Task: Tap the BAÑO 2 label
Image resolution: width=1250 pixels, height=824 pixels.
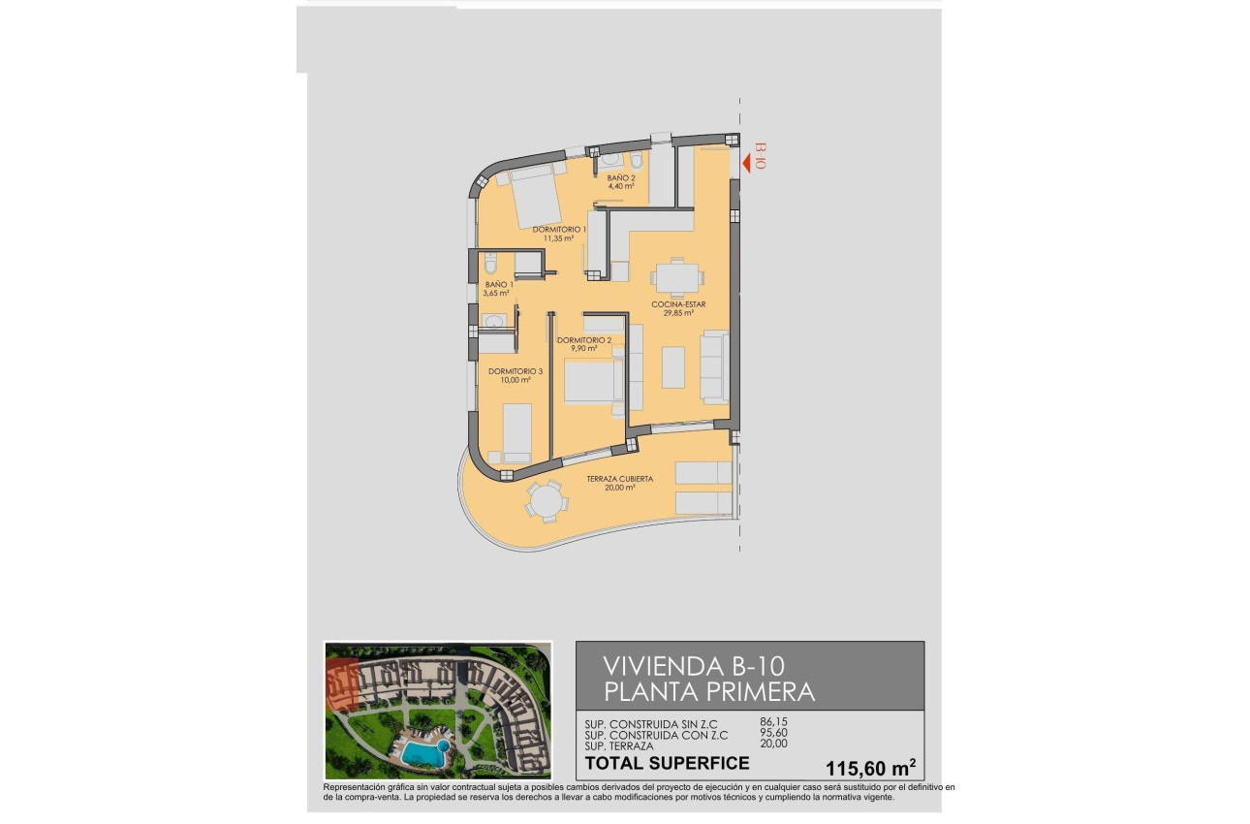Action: click(620, 178)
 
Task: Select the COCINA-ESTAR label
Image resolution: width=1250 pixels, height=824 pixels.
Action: click(677, 304)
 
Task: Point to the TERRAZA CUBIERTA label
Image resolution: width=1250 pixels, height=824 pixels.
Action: click(619, 479)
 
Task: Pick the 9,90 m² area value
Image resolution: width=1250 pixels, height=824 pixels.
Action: click(583, 348)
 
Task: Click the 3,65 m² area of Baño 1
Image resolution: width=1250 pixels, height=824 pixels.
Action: click(497, 293)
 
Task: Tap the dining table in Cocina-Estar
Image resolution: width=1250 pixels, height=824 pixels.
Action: click(675, 277)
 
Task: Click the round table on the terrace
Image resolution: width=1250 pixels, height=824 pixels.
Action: click(546, 501)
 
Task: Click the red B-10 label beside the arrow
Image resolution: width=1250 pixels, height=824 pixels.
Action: click(760, 156)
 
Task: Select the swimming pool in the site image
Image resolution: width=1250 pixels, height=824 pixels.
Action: click(422, 752)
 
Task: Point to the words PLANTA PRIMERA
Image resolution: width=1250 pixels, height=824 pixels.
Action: click(708, 692)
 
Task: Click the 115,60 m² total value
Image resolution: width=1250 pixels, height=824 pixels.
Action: click(870, 768)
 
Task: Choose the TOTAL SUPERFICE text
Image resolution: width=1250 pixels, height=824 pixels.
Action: click(668, 763)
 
